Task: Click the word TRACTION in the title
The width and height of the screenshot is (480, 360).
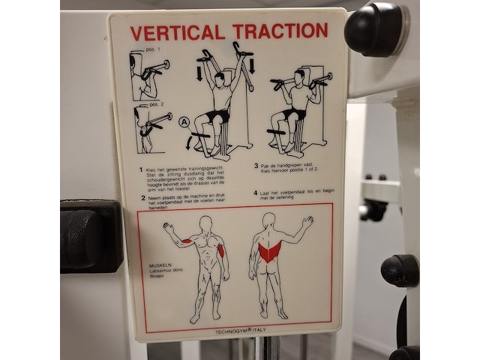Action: coord(280,31)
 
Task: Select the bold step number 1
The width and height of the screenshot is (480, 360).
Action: coord(140,169)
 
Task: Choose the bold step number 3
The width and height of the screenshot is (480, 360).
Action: coord(256,166)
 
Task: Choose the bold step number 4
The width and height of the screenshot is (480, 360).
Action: coord(256,193)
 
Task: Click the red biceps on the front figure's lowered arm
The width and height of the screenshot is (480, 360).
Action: coord(221,250)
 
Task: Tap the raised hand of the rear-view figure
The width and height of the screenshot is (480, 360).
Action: coord(307,222)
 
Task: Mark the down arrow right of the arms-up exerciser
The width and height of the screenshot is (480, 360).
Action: coord(251,65)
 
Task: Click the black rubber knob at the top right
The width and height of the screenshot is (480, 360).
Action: coord(373,28)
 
